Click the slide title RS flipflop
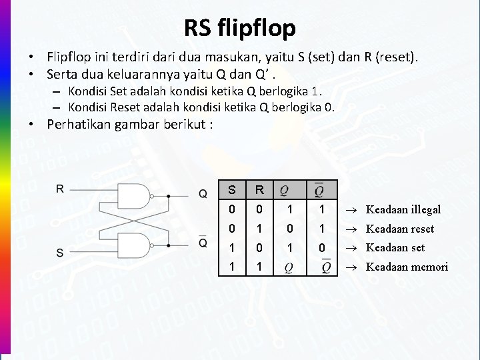pos(239,28)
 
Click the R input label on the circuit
pos(60,189)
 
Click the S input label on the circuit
pos(60,253)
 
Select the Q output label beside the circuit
pos(203,194)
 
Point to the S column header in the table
pos(231,190)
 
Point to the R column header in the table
pos(260,190)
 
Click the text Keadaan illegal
pos(403,209)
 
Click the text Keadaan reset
pos(400,229)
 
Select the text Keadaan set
pos(395,247)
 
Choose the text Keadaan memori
pos(407,267)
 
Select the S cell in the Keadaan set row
pos(231,248)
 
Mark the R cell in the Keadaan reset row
pos(260,229)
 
